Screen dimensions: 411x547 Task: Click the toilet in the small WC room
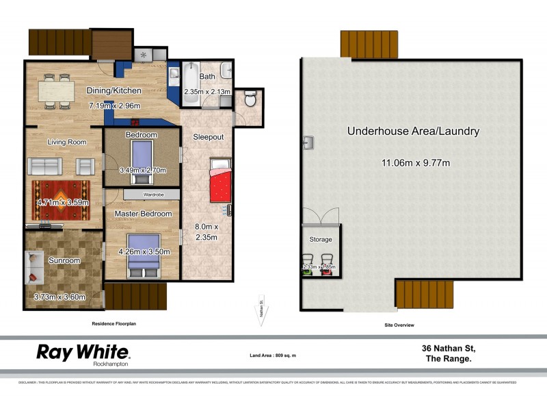pyautogui.click(x=250, y=101)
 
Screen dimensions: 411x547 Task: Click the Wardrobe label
pyautogui.click(x=152, y=195)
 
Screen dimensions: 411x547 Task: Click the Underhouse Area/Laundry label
pyautogui.click(x=413, y=131)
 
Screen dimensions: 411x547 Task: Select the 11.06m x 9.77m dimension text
pyautogui.click(x=414, y=162)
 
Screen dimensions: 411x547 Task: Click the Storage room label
pyautogui.click(x=321, y=240)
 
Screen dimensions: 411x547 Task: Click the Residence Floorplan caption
pyautogui.click(x=114, y=323)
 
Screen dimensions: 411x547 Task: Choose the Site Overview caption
pyautogui.click(x=399, y=325)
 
